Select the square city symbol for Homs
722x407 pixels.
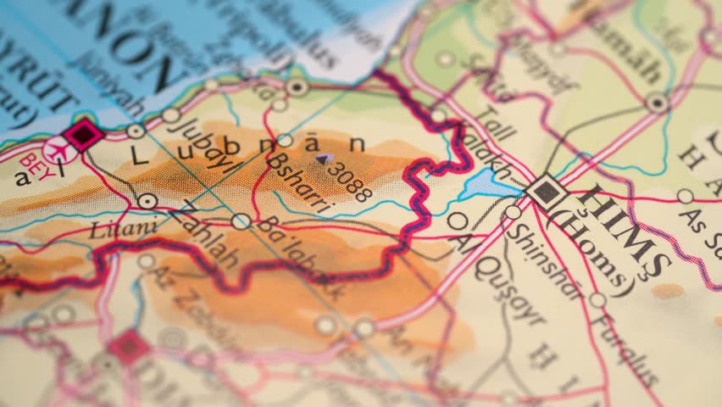547,192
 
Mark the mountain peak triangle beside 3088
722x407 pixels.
321,158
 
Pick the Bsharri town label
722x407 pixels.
300,181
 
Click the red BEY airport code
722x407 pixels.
31,159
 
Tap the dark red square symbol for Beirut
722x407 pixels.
83,134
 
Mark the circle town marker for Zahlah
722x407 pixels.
147,201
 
